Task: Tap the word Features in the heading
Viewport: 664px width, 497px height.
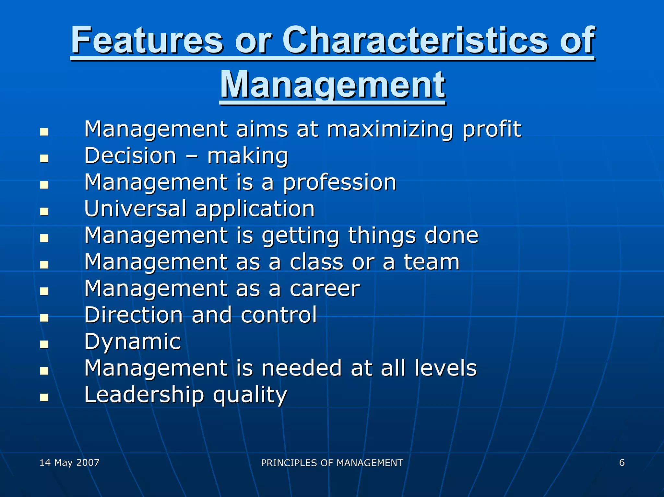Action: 148,40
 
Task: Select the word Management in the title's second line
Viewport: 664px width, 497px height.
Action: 333,85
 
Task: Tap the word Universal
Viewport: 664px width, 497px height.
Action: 135,208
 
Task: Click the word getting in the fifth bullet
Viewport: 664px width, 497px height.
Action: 300,236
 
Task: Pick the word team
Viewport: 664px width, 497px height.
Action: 432,262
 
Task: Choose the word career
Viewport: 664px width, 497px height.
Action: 325,289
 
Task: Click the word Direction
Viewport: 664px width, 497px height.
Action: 134,315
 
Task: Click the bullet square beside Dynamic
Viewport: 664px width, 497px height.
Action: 44,344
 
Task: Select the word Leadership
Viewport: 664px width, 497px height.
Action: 144,395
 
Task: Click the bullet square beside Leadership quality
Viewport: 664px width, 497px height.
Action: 44,397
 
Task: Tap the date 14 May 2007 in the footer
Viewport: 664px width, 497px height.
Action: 69,463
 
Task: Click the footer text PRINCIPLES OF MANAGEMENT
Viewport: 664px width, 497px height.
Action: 332,463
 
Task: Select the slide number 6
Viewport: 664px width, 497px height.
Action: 622,463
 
